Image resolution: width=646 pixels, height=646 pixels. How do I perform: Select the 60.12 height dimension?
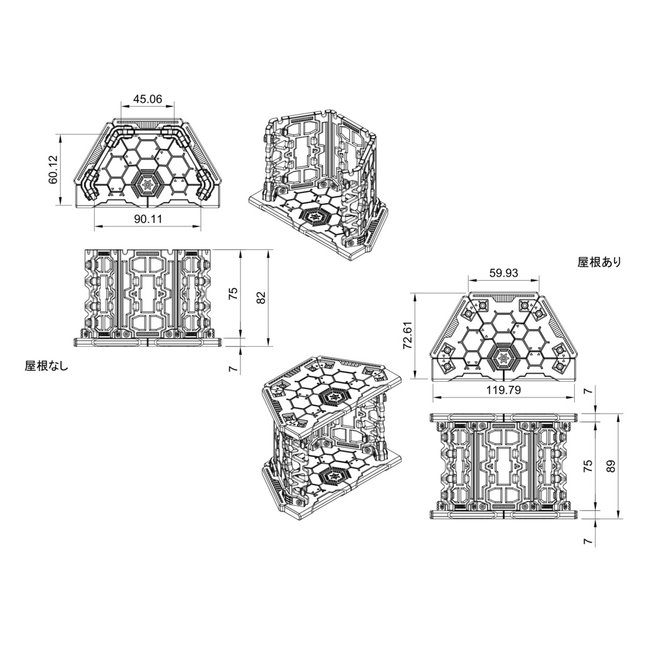coord(53,170)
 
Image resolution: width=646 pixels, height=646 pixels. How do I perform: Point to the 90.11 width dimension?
coord(148,219)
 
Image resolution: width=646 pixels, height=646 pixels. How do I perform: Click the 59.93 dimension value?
coord(504,273)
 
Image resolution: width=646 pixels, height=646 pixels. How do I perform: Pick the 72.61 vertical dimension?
coord(407,335)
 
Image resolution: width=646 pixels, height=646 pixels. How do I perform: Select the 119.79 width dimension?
coord(503,390)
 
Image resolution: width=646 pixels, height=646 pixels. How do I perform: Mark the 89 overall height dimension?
coord(611,466)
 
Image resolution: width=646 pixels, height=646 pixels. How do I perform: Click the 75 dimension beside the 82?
coord(233,294)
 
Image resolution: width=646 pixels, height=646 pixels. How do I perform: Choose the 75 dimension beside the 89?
coord(588,466)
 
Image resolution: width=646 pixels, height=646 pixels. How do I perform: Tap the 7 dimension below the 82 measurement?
coord(233,368)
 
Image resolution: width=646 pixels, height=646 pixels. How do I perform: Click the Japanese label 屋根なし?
coord(45,365)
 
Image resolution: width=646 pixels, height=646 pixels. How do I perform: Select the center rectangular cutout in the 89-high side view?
coord(503,467)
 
